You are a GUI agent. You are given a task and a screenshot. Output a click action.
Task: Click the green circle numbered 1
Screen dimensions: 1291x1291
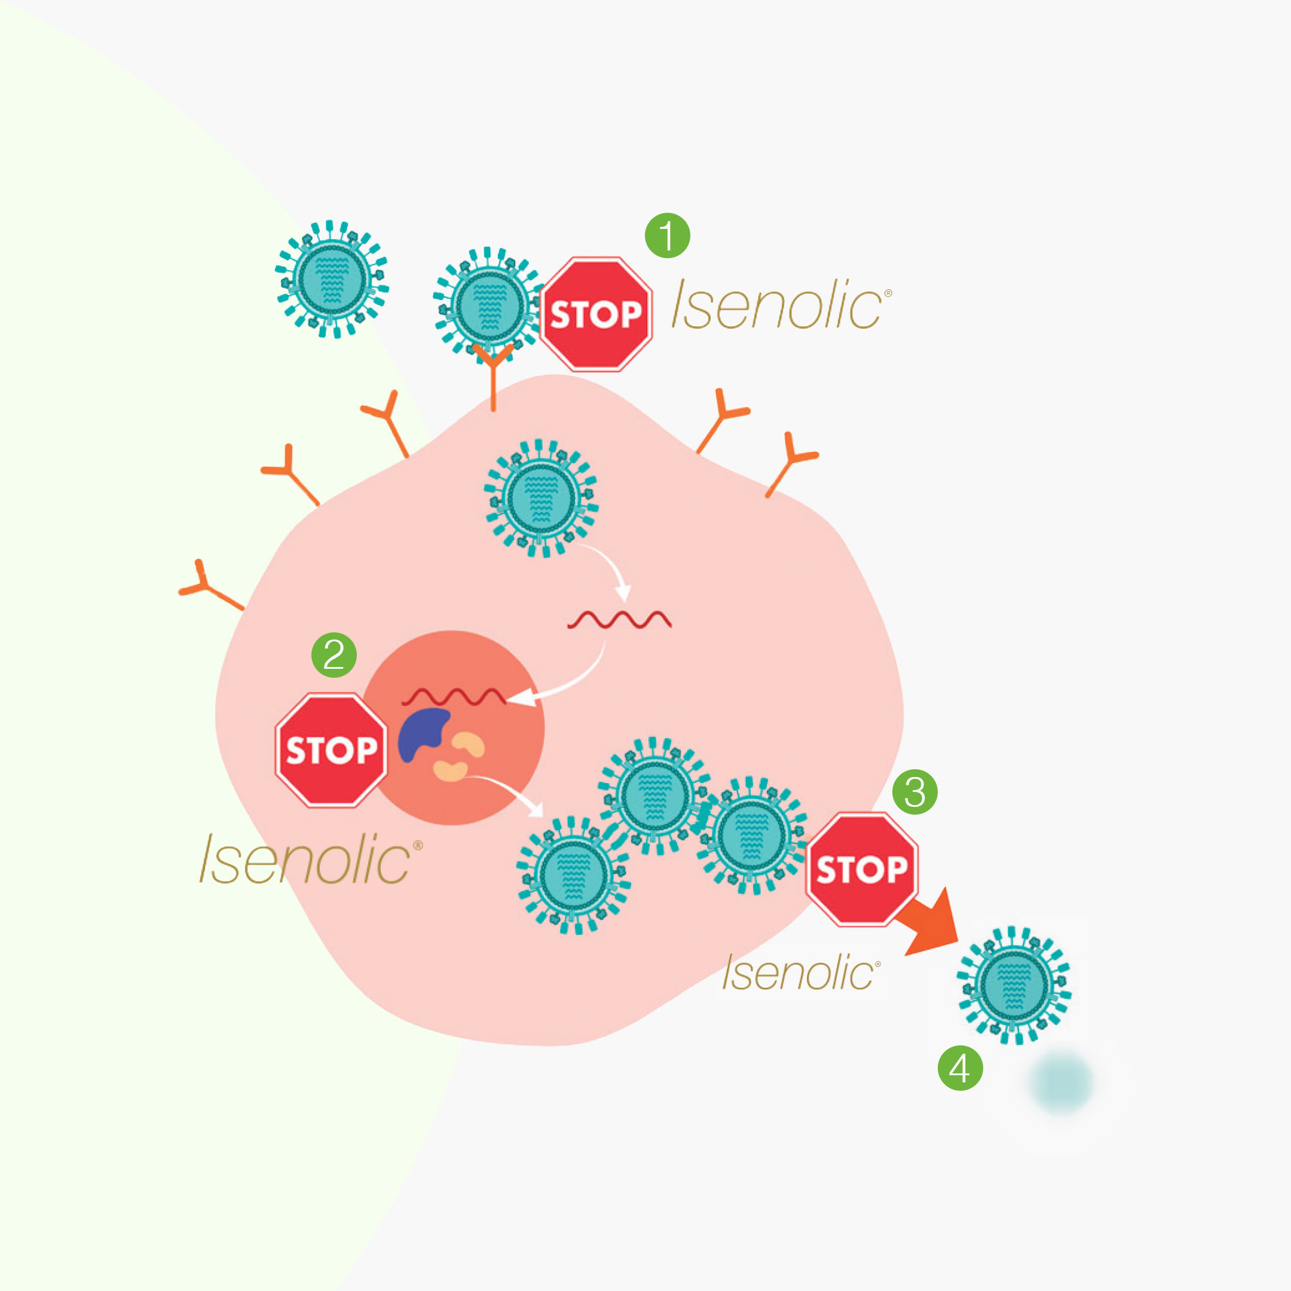tap(667, 235)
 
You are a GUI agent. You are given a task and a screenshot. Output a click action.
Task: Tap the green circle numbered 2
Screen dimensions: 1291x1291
tap(334, 655)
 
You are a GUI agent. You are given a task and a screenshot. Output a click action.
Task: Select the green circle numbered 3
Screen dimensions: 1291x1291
tap(915, 792)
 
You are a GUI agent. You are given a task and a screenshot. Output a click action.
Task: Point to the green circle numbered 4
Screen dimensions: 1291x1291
tap(960, 1068)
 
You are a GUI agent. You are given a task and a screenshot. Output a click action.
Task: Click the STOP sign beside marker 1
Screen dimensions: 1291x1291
tap(596, 314)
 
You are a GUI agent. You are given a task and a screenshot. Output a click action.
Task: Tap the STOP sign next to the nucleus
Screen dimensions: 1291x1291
tap(332, 749)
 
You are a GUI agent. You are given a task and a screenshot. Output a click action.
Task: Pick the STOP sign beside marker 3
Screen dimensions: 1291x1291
tap(861, 868)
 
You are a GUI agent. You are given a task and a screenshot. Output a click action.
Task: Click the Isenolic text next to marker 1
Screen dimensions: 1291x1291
tap(781, 305)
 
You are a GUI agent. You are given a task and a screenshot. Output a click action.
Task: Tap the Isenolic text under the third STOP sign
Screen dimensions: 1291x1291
tap(800, 972)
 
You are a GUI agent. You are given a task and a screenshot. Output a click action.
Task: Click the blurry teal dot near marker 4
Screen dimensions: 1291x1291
tap(1061, 1081)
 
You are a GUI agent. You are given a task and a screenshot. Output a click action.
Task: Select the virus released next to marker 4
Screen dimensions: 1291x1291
tap(1014, 985)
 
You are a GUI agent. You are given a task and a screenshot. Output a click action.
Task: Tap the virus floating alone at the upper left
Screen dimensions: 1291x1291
tap(332, 279)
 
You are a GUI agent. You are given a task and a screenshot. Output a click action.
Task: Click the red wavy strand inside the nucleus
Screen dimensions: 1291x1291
tap(454, 697)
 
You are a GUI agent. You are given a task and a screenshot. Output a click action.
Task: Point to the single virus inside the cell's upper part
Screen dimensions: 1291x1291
tap(540, 498)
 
